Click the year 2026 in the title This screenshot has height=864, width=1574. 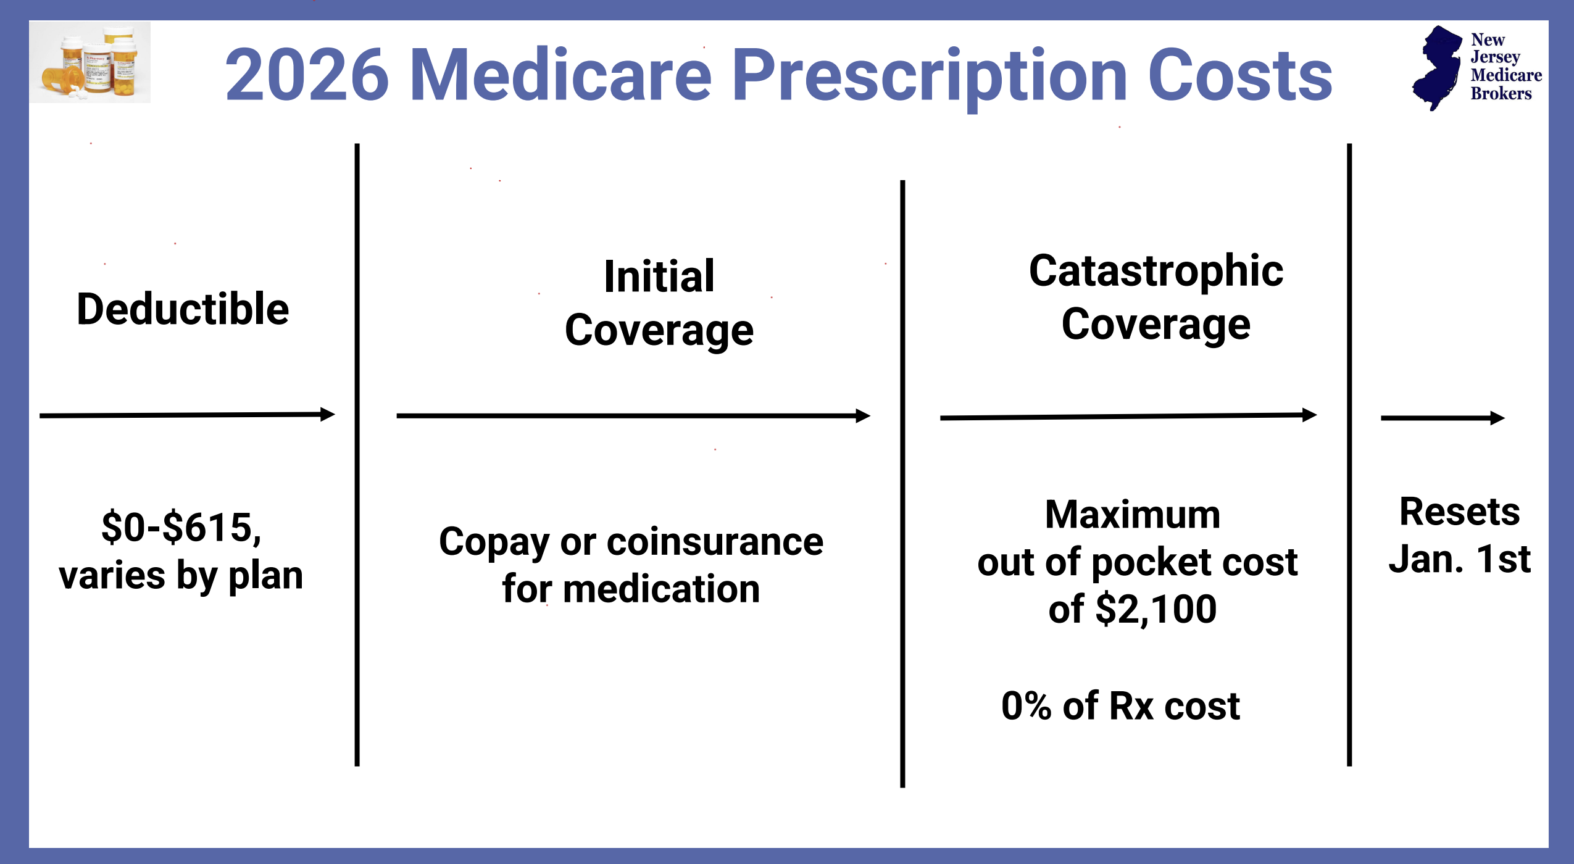coord(307,75)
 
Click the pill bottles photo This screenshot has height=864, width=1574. coord(90,62)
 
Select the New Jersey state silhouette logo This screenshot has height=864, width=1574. coord(1437,68)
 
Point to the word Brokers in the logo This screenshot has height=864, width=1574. coord(1501,94)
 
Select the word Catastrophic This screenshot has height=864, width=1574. coord(1156,272)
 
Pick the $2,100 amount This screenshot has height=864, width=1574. coord(1156,610)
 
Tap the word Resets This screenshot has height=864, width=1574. coord(1459,512)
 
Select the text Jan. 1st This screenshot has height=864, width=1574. coord(1459,559)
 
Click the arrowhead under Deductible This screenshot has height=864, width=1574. coord(327,414)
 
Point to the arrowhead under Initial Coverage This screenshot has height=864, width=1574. coord(863,416)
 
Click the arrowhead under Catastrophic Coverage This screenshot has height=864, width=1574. coord(1309,415)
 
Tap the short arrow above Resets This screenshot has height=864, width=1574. coord(1443,418)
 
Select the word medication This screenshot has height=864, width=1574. coord(661,589)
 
